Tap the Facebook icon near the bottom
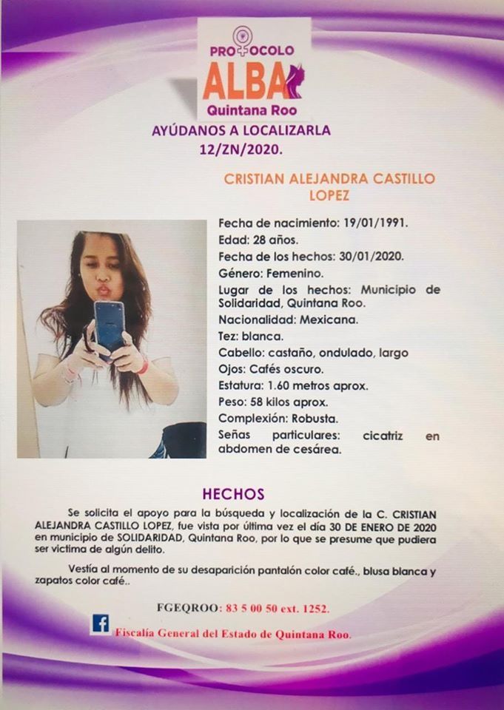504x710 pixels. (x=100, y=623)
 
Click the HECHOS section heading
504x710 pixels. (x=233, y=493)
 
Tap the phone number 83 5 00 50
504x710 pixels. (x=255, y=608)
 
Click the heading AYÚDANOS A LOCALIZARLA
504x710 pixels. (x=241, y=131)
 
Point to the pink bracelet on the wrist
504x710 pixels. (x=143, y=366)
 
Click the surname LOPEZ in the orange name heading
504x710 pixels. (x=330, y=195)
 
